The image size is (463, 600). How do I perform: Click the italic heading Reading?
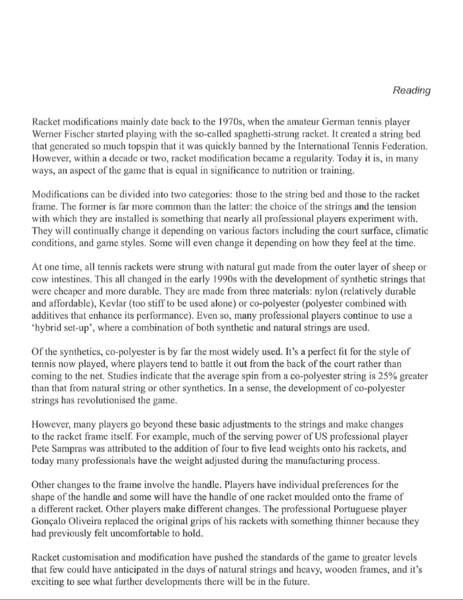(x=412, y=91)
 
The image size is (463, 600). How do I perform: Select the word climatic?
(x=413, y=231)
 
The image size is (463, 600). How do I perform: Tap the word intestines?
(x=72, y=279)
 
